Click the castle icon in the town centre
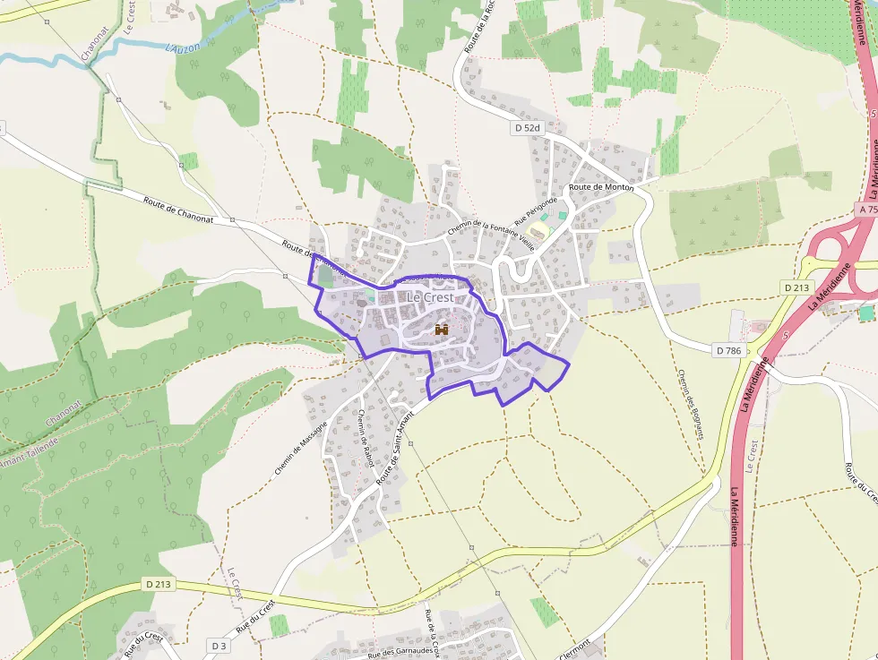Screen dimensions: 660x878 tap(442, 330)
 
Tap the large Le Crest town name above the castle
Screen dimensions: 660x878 tap(430, 297)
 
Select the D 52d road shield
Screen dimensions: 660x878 tap(528, 128)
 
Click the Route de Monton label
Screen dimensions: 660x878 tap(601, 187)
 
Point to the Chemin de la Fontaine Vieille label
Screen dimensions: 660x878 tap(479, 232)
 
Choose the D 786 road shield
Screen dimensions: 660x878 tap(730, 350)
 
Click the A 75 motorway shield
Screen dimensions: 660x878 tap(866, 208)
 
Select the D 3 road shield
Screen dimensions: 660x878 tap(219, 645)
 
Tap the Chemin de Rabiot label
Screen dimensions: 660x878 tap(365, 439)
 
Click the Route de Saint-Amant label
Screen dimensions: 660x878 tap(396, 448)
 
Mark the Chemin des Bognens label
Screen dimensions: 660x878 tap(690, 404)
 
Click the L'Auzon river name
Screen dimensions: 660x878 tap(184, 47)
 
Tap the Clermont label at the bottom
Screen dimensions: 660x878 tap(574, 648)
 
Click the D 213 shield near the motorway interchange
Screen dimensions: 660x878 tap(796, 287)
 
